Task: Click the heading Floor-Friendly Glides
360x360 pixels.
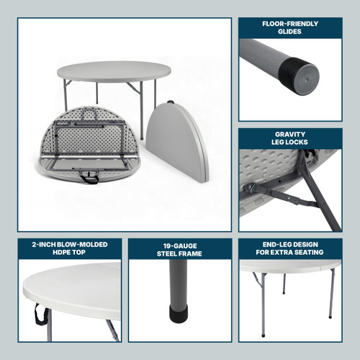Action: point(290,28)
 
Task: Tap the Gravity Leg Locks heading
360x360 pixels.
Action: point(290,138)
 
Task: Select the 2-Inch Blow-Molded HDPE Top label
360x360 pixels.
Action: point(69,248)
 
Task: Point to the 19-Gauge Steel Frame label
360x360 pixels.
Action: point(179,249)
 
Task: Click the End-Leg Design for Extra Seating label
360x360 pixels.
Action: point(290,248)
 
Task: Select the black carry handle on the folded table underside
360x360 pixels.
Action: point(90,178)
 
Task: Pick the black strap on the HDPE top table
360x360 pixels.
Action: point(37,314)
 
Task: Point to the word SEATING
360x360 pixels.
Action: point(310,253)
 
